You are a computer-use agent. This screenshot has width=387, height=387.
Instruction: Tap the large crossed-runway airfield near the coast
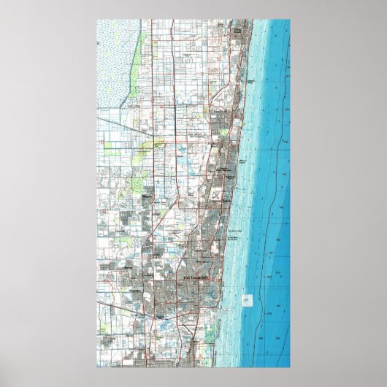pyautogui.click(x=216, y=194)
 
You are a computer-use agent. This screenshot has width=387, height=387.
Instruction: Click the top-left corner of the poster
pyautogui.click(x=96, y=20)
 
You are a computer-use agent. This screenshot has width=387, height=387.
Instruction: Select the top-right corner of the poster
pyautogui.click(x=291, y=20)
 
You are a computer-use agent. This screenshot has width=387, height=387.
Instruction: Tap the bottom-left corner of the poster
pyautogui.click(x=96, y=367)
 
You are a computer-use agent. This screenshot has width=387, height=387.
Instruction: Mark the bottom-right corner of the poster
pyautogui.click(x=291, y=367)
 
